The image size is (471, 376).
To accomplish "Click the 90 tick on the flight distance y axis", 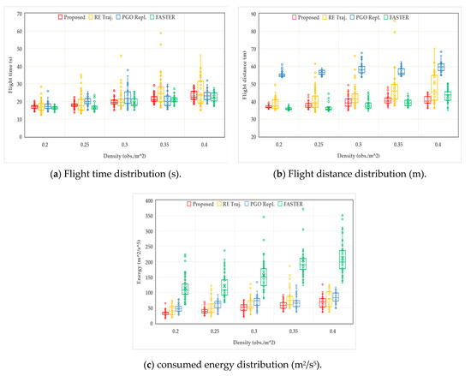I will tap(255, 15).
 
